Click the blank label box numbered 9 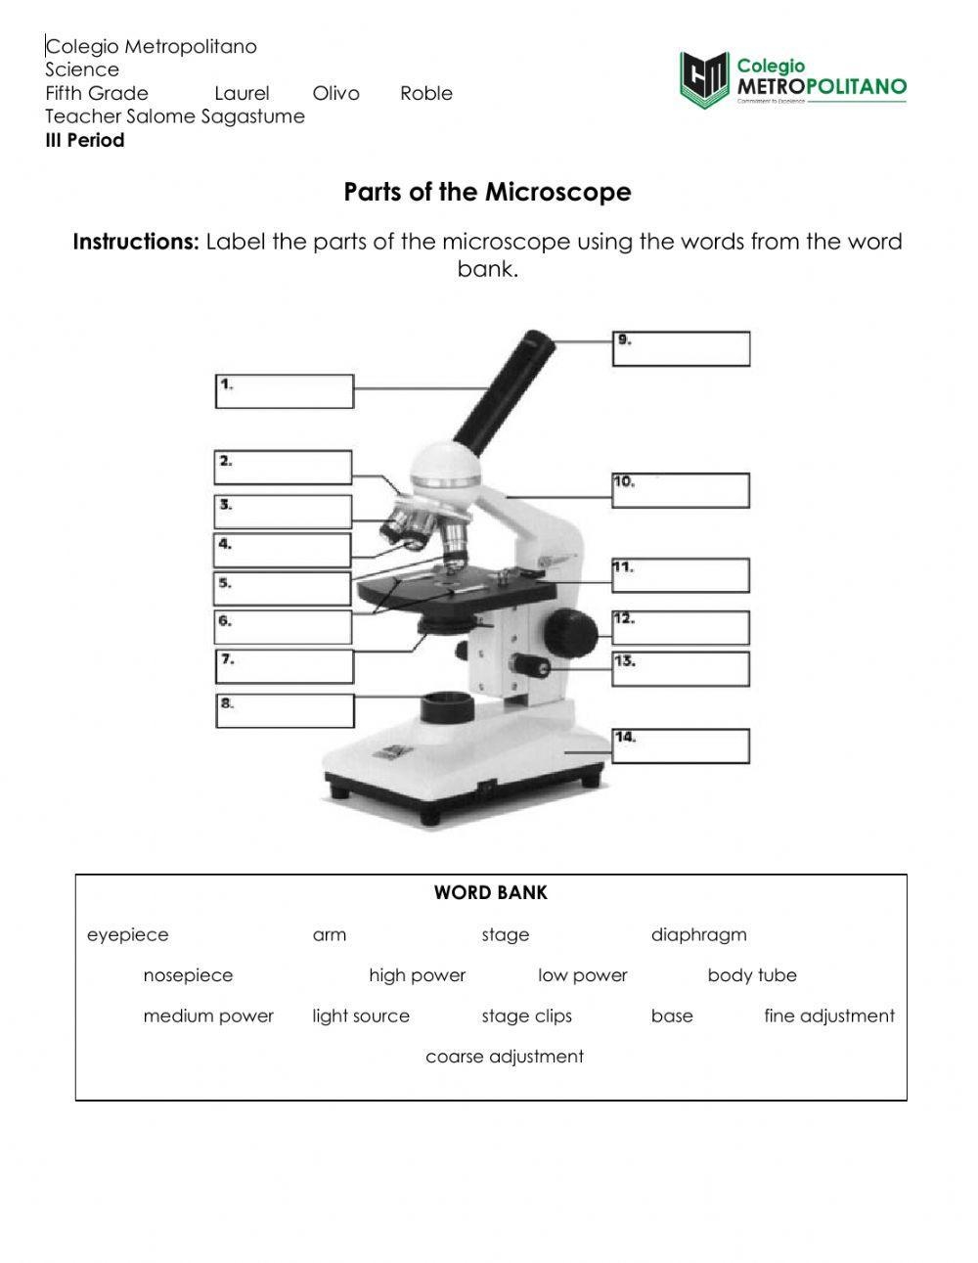[681, 349]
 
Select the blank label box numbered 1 [284, 391]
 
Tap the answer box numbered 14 [681, 746]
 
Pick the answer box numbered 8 [285, 711]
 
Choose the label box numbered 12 [681, 627]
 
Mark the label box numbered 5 [283, 589]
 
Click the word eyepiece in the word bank [127, 935]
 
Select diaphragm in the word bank [698, 935]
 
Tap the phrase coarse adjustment [505, 1057]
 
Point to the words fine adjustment [828, 1016]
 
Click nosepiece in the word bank [188, 975]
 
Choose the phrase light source [361, 1016]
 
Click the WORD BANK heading [491, 892]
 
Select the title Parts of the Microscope [487, 192]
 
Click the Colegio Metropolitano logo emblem [704, 80]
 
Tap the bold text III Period [85, 140]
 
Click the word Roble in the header [426, 94]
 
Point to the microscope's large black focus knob [570, 632]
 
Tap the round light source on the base [446, 706]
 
